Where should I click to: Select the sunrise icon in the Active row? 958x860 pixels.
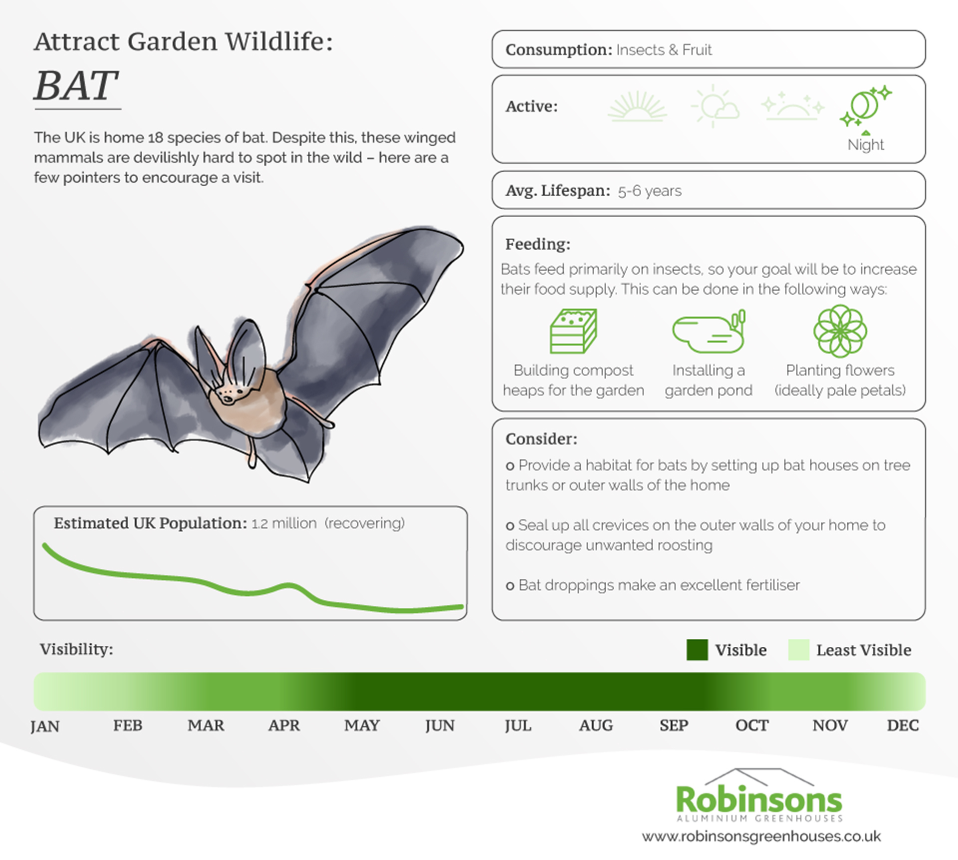pyautogui.click(x=638, y=106)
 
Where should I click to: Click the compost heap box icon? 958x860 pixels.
pyautogui.click(x=574, y=331)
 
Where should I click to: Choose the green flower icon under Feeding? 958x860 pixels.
pyautogui.click(x=840, y=331)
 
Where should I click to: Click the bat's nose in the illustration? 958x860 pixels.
pyautogui.click(x=228, y=399)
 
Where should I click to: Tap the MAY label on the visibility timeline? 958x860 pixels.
pyautogui.click(x=362, y=725)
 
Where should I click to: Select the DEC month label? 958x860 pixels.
pyautogui.click(x=903, y=725)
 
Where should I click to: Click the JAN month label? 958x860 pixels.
pyautogui.click(x=45, y=726)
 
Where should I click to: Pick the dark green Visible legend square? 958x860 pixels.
pyautogui.click(x=697, y=650)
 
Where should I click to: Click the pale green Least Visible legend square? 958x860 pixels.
pyautogui.click(x=799, y=650)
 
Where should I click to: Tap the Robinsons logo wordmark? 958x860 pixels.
pyautogui.click(x=759, y=800)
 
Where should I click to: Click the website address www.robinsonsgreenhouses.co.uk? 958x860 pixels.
pyautogui.click(x=761, y=837)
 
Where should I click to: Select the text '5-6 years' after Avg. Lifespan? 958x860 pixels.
pyautogui.click(x=650, y=191)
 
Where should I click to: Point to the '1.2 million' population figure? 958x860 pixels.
pyautogui.click(x=284, y=523)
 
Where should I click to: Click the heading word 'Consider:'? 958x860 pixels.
pyautogui.click(x=541, y=439)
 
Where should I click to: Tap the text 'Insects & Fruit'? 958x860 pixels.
pyautogui.click(x=664, y=50)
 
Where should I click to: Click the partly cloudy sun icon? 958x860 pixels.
pyautogui.click(x=715, y=106)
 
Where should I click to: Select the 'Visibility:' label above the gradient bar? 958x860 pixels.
pyautogui.click(x=77, y=649)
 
